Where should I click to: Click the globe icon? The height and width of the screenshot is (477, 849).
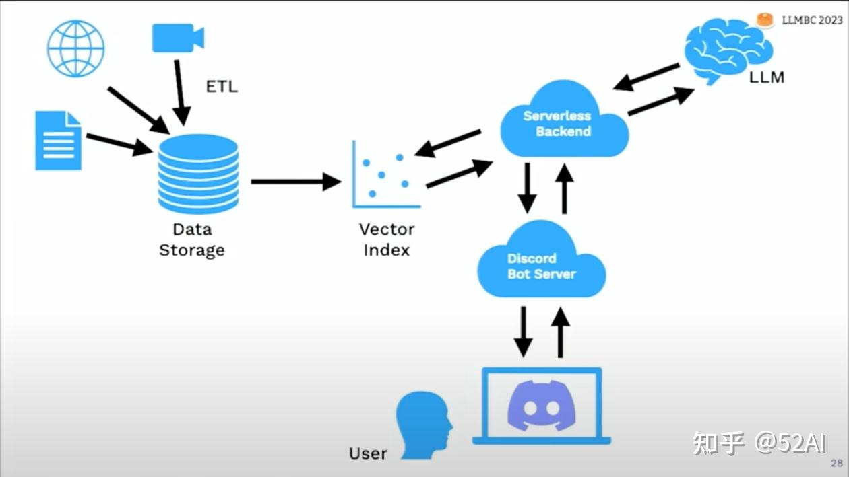pyautogui.click(x=75, y=48)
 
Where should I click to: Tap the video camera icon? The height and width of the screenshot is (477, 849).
pyautogui.click(x=178, y=38)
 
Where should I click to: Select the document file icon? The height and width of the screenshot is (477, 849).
pyautogui.click(x=59, y=141)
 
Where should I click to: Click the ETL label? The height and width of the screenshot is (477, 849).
pyautogui.click(x=222, y=87)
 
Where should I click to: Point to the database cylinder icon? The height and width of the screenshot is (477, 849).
pyautogui.click(x=198, y=174)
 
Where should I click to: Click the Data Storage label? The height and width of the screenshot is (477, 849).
pyautogui.click(x=192, y=240)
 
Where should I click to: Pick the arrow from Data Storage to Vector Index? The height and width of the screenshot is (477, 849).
pyautogui.click(x=296, y=182)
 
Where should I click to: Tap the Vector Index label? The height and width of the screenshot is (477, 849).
pyautogui.click(x=387, y=240)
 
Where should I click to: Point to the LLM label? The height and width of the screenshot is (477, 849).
pyautogui.click(x=767, y=77)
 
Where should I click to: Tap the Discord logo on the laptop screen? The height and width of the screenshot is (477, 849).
pyautogui.click(x=542, y=406)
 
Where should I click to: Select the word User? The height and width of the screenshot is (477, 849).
pyautogui.click(x=368, y=453)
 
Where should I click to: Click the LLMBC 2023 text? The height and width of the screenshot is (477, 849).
pyautogui.click(x=812, y=20)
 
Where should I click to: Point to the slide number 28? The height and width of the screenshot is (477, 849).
pyautogui.click(x=836, y=463)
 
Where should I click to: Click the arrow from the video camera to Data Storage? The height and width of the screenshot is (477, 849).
pyautogui.click(x=180, y=93)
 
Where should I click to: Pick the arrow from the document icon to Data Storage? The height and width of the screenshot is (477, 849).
pyautogui.click(x=120, y=145)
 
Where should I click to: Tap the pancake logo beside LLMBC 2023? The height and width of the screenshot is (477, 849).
pyautogui.click(x=765, y=20)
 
